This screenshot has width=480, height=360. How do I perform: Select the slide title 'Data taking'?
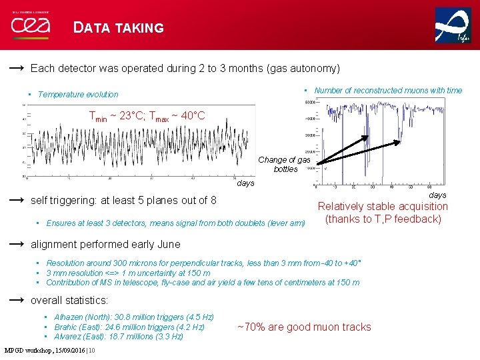coord(119,28)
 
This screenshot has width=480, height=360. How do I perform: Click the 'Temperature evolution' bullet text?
coord(78,95)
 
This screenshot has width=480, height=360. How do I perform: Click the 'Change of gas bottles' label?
coord(285,165)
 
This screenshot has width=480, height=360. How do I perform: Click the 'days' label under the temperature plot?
coord(245,183)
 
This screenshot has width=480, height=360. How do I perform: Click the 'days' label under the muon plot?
coord(437,195)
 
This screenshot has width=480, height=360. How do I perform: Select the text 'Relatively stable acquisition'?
coord(383,207)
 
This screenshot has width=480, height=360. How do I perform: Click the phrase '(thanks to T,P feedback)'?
coord(383,219)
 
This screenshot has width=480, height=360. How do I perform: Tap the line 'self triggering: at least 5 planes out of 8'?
coord(123,200)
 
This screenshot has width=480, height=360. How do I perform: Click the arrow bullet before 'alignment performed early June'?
coord(17,244)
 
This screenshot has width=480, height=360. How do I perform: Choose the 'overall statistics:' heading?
coord(69,300)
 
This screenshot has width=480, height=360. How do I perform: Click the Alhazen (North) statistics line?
coord(133,317)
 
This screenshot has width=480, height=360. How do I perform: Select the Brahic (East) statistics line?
coord(129,327)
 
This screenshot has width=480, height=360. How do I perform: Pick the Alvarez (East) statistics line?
coord(118,337)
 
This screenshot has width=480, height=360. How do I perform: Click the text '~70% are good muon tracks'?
coord(304,327)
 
